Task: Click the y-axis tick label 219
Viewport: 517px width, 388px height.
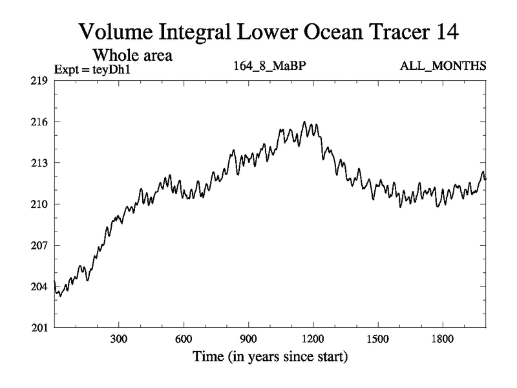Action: click(x=38, y=81)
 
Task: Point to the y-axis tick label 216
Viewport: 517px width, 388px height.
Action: click(x=38, y=122)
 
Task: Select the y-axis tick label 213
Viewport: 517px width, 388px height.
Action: click(x=38, y=163)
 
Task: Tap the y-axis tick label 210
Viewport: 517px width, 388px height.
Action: click(x=38, y=204)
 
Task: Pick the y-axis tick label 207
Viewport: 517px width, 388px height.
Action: click(x=38, y=246)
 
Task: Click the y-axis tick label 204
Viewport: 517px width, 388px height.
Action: click(x=38, y=286)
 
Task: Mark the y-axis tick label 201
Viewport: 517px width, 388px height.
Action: click(x=38, y=328)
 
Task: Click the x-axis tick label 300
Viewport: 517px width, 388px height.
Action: click(x=119, y=339)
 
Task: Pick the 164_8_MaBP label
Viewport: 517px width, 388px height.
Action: click(x=270, y=66)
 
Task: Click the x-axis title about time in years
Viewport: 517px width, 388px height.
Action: click(x=269, y=356)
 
